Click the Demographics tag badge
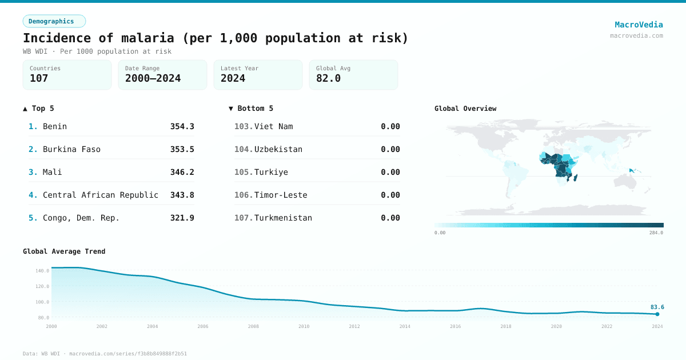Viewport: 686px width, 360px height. pyautogui.click(x=54, y=21)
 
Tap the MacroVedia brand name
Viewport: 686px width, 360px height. pyautogui.click(x=639, y=25)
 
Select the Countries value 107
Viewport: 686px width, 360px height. pyautogui.click(x=39, y=78)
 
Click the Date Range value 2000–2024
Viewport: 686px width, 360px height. pyautogui.click(x=153, y=78)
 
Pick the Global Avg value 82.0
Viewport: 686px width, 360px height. pyautogui.click(x=328, y=78)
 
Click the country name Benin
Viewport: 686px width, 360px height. pyautogui.click(x=55, y=126)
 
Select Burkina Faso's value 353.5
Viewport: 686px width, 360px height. pyautogui.click(x=182, y=149)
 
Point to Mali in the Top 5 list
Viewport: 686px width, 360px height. pyautogui.click(x=53, y=172)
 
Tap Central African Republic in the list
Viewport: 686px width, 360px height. pyautogui.click(x=101, y=195)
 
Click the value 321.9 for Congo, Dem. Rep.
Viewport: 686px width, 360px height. pyautogui.click(x=182, y=218)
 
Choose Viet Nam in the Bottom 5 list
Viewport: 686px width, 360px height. pyautogui.click(x=273, y=126)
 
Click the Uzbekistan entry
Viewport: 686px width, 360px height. pyautogui.click(x=278, y=149)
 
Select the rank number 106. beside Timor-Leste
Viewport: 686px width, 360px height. pyautogui.click(x=244, y=195)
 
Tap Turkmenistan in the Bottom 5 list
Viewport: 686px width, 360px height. pyautogui.click(x=283, y=218)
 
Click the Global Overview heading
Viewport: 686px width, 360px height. pyautogui.click(x=465, y=109)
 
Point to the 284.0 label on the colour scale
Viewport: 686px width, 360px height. pyautogui.click(x=656, y=233)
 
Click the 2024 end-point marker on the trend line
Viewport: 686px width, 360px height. pyautogui.click(x=657, y=314)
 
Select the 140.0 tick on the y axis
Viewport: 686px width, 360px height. pyautogui.click(x=42, y=271)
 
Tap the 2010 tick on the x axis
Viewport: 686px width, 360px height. pyautogui.click(x=304, y=326)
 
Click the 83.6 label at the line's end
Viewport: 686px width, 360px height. pyautogui.click(x=657, y=307)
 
